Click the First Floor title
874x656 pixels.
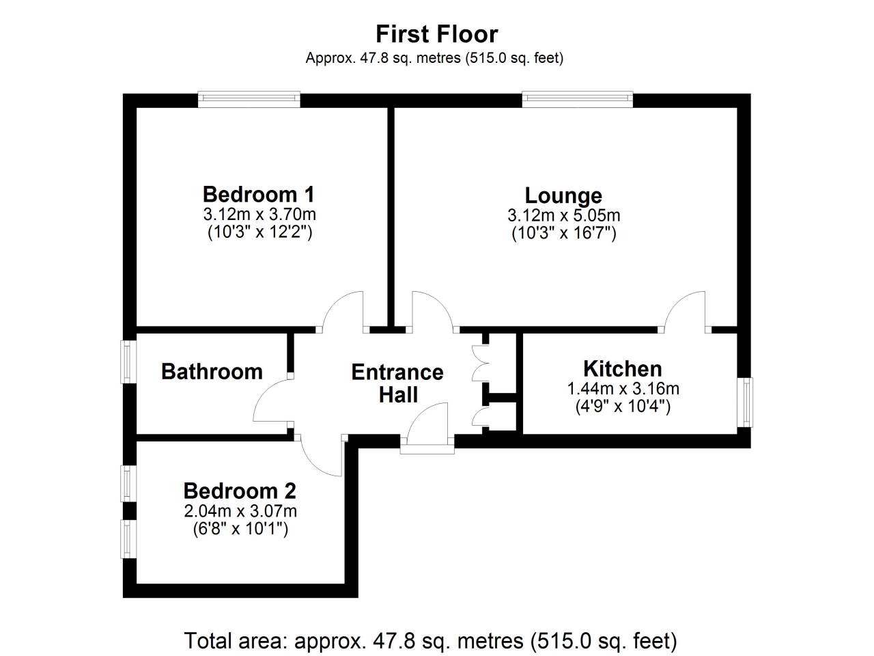(436, 34)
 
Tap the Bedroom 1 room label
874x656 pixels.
(259, 195)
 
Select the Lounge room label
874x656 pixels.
(563, 196)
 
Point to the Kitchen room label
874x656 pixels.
(623, 369)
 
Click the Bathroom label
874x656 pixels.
(212, 372)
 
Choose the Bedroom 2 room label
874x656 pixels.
(240, 491)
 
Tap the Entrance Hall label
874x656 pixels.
(397, 383)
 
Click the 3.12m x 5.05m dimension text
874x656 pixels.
(564, 215)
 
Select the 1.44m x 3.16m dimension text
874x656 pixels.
(623, 389)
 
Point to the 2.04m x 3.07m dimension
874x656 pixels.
(240, 511)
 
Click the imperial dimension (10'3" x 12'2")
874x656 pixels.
(259, 232)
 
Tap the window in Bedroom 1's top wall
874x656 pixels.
(249, 100)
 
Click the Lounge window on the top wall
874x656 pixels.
(578, 100)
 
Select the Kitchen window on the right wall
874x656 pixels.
(744, 402)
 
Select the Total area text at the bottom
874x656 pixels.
(430, 641)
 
